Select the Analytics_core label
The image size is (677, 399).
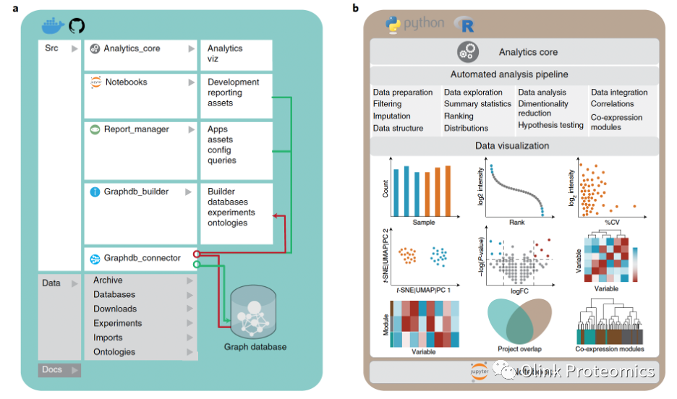132,48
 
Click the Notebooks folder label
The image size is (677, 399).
126,82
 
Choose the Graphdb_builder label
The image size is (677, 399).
137,192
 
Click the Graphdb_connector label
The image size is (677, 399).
142,257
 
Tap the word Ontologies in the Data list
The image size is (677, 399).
114,352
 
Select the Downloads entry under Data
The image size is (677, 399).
115,309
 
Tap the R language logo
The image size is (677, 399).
464,25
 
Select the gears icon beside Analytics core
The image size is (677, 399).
468,51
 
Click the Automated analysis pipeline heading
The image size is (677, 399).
509,74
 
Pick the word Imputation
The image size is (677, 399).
391,116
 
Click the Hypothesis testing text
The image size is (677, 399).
550,125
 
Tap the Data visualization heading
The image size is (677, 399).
512,145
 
